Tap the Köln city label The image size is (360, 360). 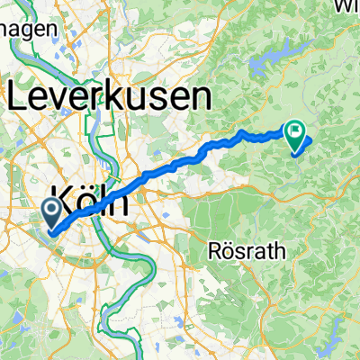coord(90,198)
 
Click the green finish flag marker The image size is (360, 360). coord(295,135)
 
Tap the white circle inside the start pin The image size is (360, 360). coord(52,211)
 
